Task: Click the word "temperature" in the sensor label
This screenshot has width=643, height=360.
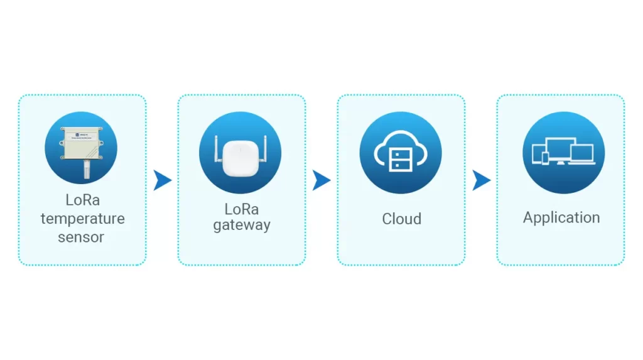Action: (82, 219)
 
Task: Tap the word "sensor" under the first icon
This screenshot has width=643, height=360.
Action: (81, 237)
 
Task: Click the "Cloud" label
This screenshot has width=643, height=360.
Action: (401, 219)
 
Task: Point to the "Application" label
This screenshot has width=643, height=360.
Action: (561, 217)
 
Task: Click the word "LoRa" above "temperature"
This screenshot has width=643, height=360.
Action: (83, 200)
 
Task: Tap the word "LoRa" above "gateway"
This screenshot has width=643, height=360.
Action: (242, 209)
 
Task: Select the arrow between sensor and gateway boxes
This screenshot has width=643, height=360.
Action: (163, 181)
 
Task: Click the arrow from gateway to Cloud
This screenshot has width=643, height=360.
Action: (321, 181)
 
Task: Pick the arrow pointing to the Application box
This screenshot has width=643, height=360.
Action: (481, 181)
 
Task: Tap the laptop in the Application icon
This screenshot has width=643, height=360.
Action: (582, 153)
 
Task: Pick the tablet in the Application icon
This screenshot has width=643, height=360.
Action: (536, 153)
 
